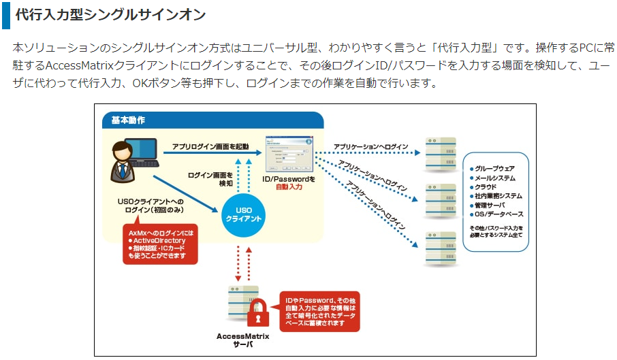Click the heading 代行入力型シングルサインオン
pos(110,15)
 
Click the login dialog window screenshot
pos(289,154)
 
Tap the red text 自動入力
pos(289,186)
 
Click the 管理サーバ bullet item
pos(490,205)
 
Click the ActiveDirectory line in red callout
pos(159,240)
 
